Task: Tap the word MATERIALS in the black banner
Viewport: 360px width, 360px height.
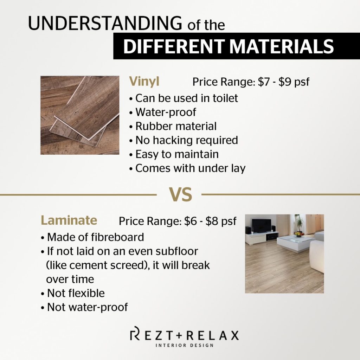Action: click(x=282, y=46)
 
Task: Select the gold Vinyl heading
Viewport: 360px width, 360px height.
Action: click(x=144, y=81)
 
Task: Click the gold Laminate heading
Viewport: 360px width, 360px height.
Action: click(x=69, y=220)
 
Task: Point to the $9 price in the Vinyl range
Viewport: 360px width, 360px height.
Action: click(x=285, y=82)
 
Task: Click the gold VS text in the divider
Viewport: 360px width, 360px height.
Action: click(x=180, y=194)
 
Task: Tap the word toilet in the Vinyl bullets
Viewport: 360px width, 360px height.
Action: click(x=225, y=98)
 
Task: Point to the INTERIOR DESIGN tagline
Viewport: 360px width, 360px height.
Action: click(x=185, y=345)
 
